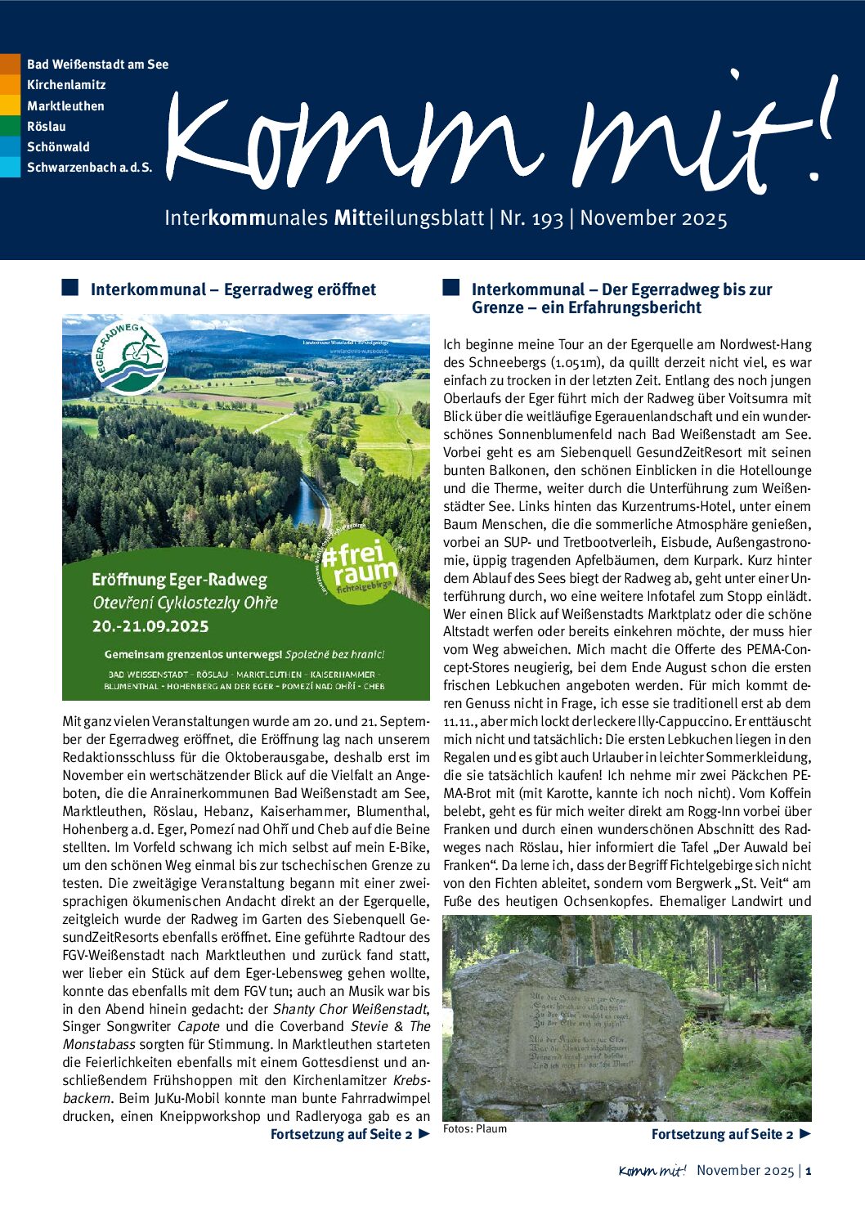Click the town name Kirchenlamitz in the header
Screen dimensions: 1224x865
click(x=66, y=85)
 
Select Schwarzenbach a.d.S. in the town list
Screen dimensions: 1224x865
click(x=89, y=168)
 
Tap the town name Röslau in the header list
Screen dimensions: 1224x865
click(x=46, y=127)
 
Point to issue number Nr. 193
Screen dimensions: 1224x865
click(x=531, y=218)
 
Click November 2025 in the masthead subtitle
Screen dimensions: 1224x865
click(x=653, y=218)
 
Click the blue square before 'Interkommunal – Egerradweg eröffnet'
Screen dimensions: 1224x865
click(x=70, y=287)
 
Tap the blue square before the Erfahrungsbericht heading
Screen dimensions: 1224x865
click(x=450, y=287)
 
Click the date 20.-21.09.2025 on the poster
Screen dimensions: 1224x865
click(x=150, y=627)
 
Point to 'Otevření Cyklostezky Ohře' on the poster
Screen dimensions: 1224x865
click(x=185, y=603)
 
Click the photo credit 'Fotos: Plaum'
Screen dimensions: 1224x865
click(x=475, y=1129)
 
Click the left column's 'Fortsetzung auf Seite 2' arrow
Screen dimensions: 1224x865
click(x=424, y=1134)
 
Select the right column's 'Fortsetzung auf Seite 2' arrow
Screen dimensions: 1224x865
click(x=804, y=1134)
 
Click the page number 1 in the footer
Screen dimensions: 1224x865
click(x=808, y=1171)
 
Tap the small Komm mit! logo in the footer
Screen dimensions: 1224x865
click(x=652, y=1171)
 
